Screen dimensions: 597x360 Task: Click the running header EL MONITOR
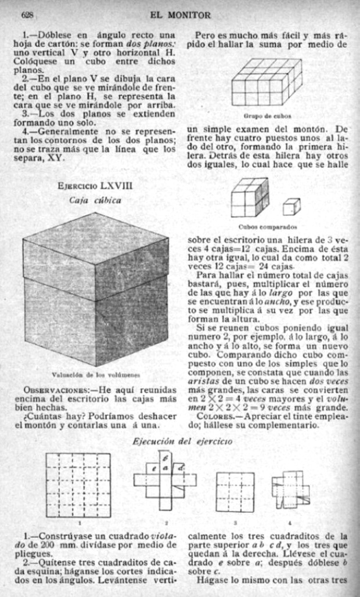(180, 14)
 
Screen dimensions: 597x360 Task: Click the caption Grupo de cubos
(267, 115)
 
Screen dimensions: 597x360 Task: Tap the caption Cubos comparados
(267, 227)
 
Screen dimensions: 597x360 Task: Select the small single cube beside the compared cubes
(291, 206)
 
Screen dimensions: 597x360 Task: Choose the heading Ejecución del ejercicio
(182, 442)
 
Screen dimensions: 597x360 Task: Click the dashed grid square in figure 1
(78, 485)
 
